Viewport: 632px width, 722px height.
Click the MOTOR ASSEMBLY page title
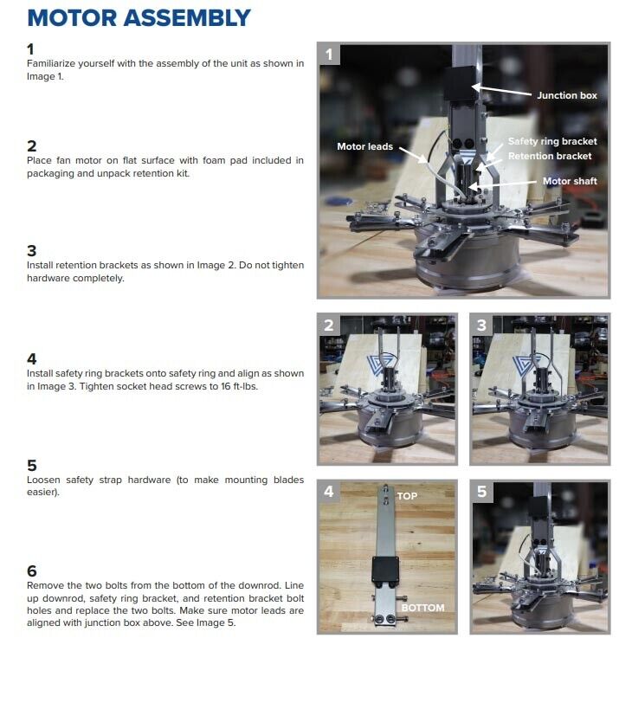click(139, 18)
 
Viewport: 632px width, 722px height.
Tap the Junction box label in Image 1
click(566, 95)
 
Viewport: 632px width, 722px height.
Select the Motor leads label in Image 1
click(364, 146)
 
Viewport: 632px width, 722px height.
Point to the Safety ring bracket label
click(552, 141)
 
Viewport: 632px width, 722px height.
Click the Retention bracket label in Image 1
click(550, 156)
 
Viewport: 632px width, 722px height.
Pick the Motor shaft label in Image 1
click(570, 181)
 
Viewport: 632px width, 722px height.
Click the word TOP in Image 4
click(407, 496)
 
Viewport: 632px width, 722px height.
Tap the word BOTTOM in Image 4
click(422, 608)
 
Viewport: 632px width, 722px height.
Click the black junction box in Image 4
click(385, 569)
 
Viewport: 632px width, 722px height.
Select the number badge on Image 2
click(329, 326)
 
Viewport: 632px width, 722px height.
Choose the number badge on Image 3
click(482, 326)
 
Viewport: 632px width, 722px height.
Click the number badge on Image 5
click(482, 492)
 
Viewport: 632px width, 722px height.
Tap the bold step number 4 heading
click(32, 358)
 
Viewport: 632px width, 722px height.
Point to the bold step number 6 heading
click(32, 571)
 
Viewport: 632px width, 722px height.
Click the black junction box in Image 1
click(460, 83)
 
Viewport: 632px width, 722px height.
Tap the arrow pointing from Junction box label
click(501, 90)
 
